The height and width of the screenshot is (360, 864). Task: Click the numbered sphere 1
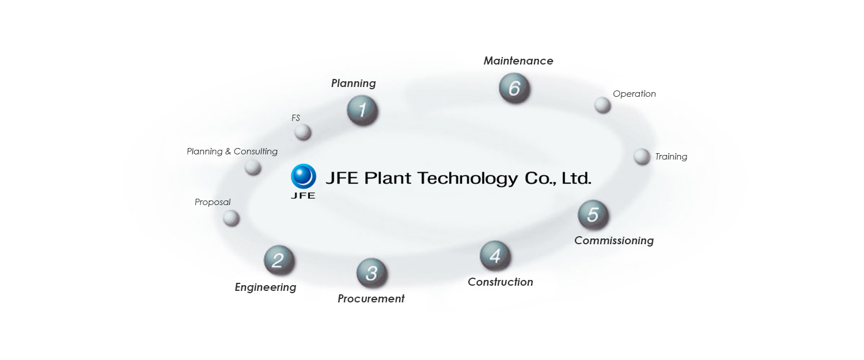[362, 110]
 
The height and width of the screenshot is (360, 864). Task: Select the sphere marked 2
[279, 260]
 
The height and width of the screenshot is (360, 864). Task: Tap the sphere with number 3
[372, 273]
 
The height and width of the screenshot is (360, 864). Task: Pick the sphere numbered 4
[495, 255]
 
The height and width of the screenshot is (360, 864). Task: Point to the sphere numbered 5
[593, 215]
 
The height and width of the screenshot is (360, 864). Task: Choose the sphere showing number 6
[514, 88]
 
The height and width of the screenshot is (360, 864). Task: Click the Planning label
[353, 84]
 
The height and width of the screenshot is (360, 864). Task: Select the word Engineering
[265, 287]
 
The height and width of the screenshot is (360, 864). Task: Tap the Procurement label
[371, 298]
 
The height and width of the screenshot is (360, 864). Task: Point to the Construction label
[500, 282]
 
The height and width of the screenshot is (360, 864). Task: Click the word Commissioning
[613, 240]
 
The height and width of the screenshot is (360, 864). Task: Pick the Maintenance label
[518, 60]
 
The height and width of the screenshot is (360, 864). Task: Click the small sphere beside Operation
[602, 105]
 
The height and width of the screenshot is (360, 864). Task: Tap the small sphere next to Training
[642, 157]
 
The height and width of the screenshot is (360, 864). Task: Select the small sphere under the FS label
[303, 132]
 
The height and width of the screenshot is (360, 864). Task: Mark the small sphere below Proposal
[231, 218]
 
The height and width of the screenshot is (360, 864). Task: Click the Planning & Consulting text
[232, 151]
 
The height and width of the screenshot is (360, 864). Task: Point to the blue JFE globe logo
[304, 177]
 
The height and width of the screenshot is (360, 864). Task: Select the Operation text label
[634, 94]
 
